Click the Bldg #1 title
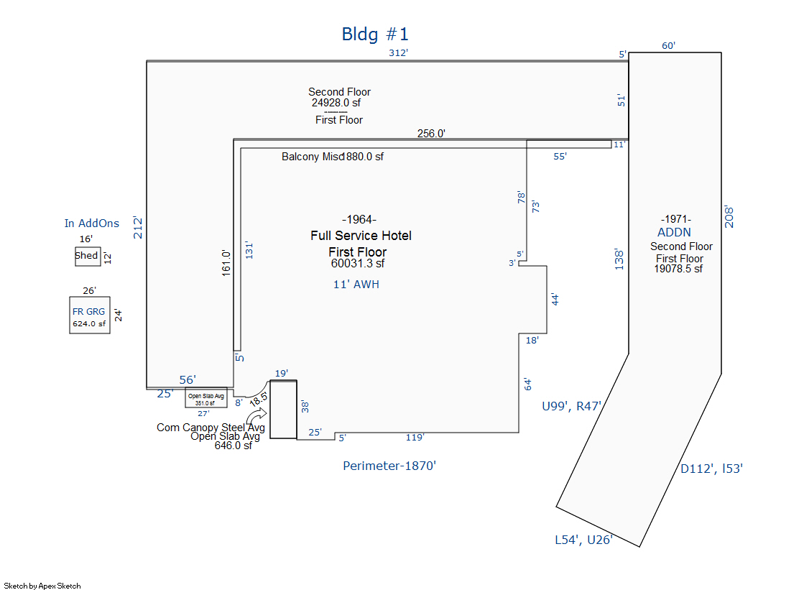pyautogui.click(x=374, y=34)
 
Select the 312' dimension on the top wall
pyautogui.click(x=399, y=53)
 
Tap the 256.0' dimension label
pyautogui.click(x=432, y=133)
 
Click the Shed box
pyautogui.click(x=87, y=256)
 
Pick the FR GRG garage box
pyautogui.click(x=89, y=317)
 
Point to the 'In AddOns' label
pyautogui.click(x=92, y=223)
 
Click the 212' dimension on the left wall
pyautogui.click(x=139, y=227)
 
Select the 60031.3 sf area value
pyautogui.click(x=358, y=263)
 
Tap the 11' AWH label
pyautogui.click(x=356, y=285)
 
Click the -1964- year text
pyautogui.click(x=359, y=219)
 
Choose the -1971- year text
pyautogui.click(x=675, y=219)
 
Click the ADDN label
pyautogui.click(x=674, y=232)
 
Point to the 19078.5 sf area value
pyautogui.click(x=678, y=269)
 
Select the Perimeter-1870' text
pyautogui.click(x=389, y=466)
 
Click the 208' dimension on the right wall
pyautogui.click(x=729, y=214)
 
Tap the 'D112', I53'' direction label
pyautogui.click(x=711, y=469)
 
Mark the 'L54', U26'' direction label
pyautogui.click(x=583, y=540)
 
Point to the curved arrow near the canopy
pyautogui.click(x=256, y=418)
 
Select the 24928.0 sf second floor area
pyautogui.click(x=336, y=103)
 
